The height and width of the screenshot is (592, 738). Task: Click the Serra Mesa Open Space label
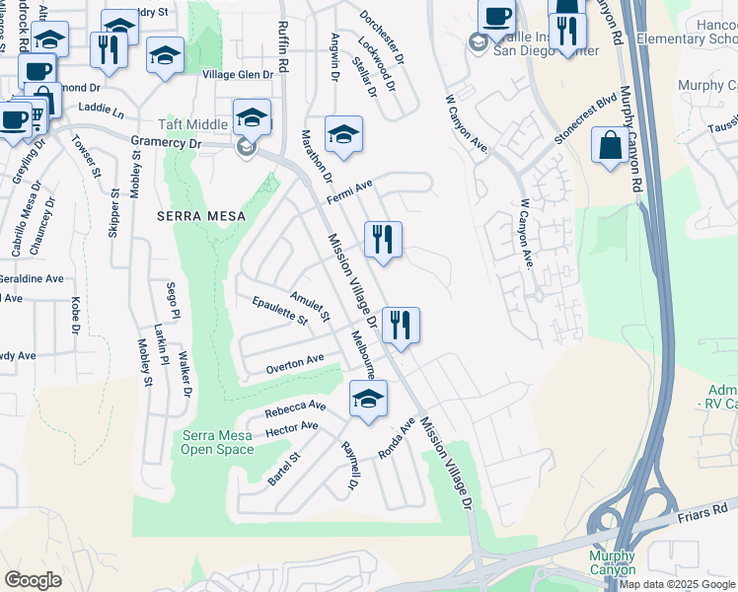click(x=217, y=443)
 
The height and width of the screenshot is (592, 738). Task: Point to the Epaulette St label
click(x=279, y=311)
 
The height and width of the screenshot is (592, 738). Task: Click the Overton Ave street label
click(x=294, y=364)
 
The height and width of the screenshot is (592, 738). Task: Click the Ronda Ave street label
click(x=397, y=439)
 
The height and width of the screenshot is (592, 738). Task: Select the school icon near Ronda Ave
click(x=368, y=399)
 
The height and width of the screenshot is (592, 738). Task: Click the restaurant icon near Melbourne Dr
click(x=401, y=325)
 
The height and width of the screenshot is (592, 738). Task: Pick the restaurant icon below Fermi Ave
click(x=383, y=239)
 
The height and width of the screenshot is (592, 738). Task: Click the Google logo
click(x=33, y=580)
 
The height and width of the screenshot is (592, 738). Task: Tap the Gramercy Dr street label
click(x=165, y=143)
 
